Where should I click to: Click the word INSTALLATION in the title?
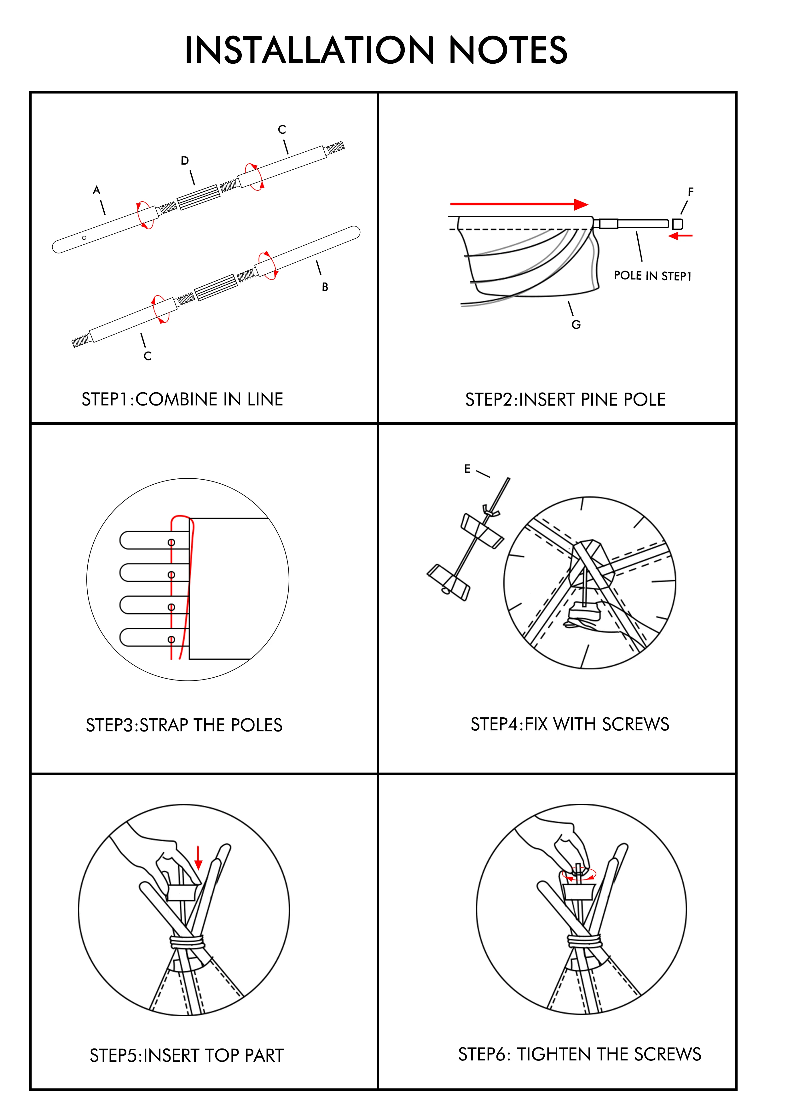(309, 50)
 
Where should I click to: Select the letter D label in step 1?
(184, 161)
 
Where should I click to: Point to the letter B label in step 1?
(325, 287)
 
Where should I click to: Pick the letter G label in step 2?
(576, 325)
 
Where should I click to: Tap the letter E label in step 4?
(467, 469)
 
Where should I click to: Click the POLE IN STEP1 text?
(652, 276)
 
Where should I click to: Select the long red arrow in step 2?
(519, 204)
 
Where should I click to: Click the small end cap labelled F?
(678, 224)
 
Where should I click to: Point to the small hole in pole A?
(84, 238)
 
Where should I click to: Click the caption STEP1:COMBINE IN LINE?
(183, 399)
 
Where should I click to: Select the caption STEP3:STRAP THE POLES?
(184, 725)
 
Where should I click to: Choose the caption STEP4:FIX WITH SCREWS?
(570, 724)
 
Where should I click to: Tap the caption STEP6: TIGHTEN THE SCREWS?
(579, 1054)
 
